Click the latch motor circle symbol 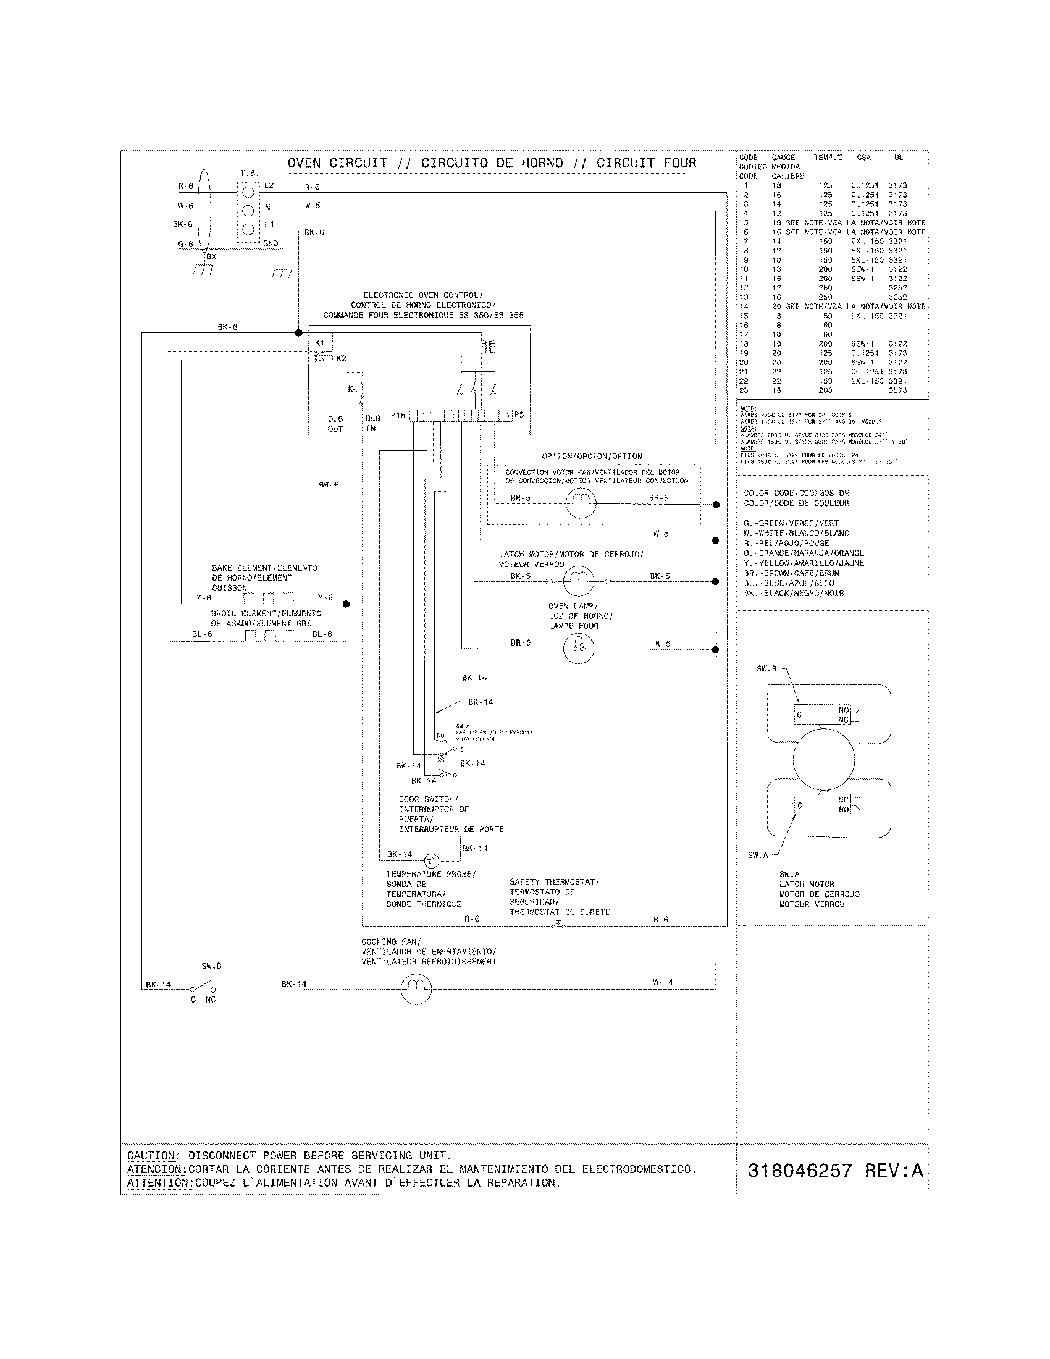pyautogui.click(x=579, y=581)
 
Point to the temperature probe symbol pyautogui.click(x=431, y=861)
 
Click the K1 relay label pyautogui.click(x=320, y=342)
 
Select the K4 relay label pyautogui.click(x=353, y=389)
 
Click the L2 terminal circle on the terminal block pyautogui.click(x=248, y=192)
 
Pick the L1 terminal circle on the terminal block pyautogui.click(x=248, y=229)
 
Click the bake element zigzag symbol pyautogui.click(x=268, y=599)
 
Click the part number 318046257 pyautogui.click(x=799, y=1171)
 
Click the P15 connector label pyautogui.click(x=398, y=415)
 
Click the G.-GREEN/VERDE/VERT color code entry pyautogui.click(x=791, y=523)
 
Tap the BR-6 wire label pyautogui.click(x=329, y=485)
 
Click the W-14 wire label pyautogui.click(x=663, y=982)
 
